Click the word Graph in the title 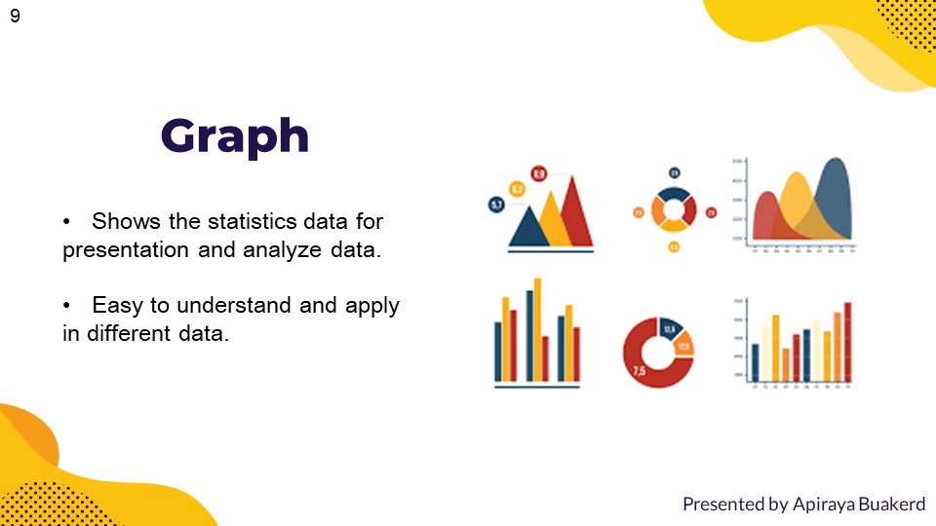(x=235, y=136)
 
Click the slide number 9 (x=15, y=16)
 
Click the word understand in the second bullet (x=231, y=305)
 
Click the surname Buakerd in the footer (x=890, y=504)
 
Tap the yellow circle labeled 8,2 (x=517, y=189)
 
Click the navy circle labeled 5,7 (x=496, y=205)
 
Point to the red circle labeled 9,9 (x=538, y=173)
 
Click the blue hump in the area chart (x=835, y=200)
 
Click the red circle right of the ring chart (x=711, y=212)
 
